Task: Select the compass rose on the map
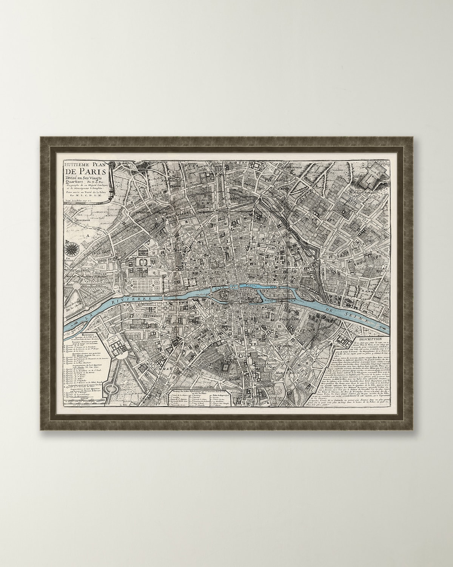click(70, 248)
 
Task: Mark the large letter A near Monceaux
click(88, 235)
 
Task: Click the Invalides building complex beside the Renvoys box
click(117, 346)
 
